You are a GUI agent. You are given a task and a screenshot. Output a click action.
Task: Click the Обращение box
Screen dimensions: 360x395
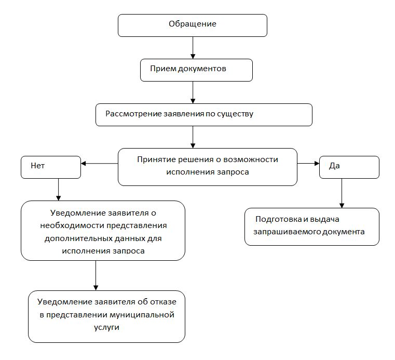(192, 24)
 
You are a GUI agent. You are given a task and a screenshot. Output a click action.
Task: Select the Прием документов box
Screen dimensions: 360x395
(196, 70)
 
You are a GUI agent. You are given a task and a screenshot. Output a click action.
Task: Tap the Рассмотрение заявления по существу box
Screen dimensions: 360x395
(203, 115)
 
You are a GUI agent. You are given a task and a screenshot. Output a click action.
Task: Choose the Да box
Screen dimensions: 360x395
(349, 167)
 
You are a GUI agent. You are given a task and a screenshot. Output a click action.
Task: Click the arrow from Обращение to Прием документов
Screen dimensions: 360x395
(193, 47)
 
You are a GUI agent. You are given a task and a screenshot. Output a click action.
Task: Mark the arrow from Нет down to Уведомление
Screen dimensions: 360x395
(58, 190)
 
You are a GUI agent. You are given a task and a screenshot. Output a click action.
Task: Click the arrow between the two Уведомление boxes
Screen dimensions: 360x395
(96, 275)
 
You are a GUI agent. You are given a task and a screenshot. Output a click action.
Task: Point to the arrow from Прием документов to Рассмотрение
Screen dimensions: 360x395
(193, 92)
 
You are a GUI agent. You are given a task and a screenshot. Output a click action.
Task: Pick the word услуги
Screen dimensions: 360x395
(106, 328)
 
